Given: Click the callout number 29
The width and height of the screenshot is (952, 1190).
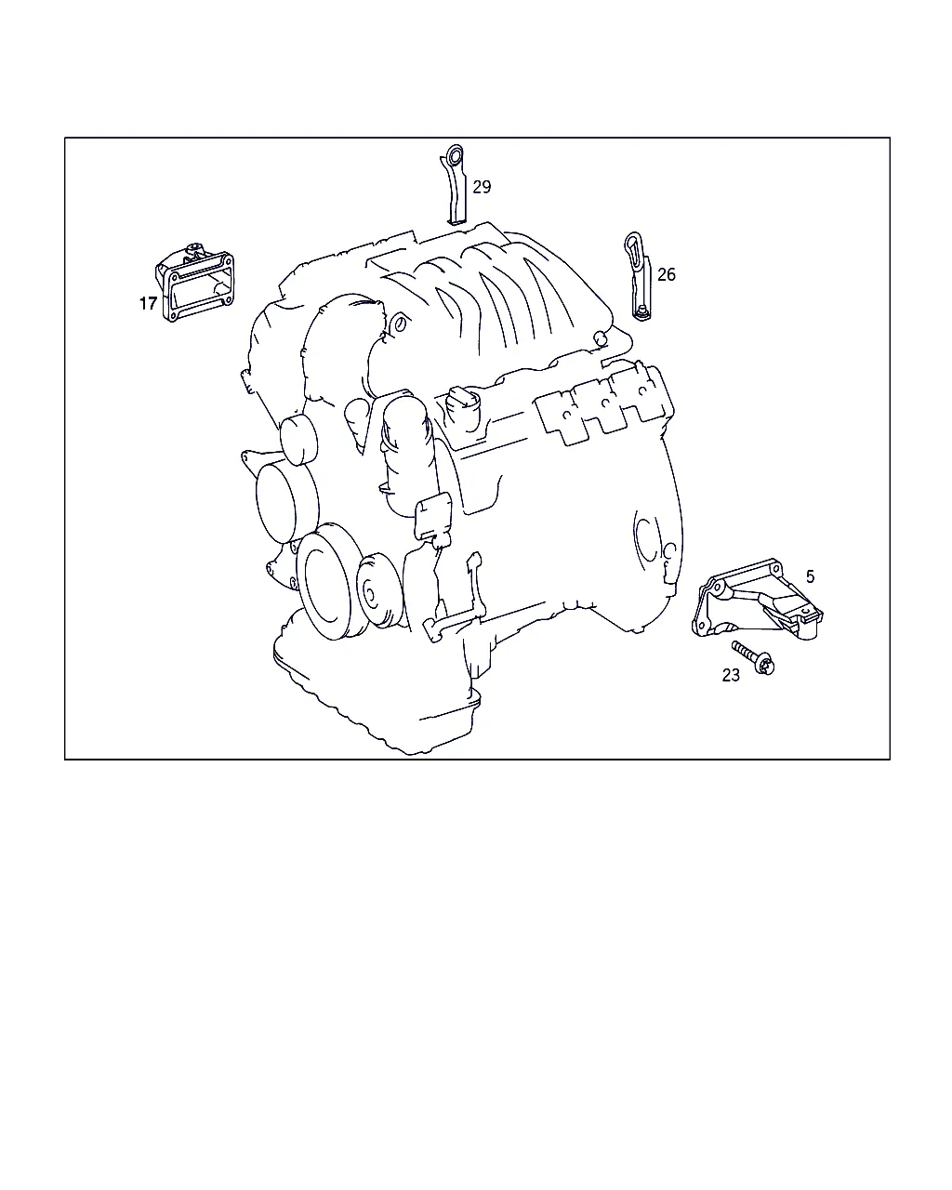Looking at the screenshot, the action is point(482,187).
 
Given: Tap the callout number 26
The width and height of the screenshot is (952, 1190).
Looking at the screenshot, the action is point(666,274).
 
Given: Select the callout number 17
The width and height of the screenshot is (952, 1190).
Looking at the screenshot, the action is point(148,304).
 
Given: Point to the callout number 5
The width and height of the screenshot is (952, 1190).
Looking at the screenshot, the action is point(810,576).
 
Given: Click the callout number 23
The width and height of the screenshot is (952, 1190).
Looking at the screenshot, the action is point(731,675).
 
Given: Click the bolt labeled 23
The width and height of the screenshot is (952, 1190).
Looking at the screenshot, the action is point(753,657).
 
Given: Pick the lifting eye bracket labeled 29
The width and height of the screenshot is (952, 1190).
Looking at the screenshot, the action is point(456,186).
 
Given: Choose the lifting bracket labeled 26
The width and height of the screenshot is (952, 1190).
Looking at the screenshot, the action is point(639,276).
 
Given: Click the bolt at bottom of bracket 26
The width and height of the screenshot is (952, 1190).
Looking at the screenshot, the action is point(641,313).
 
